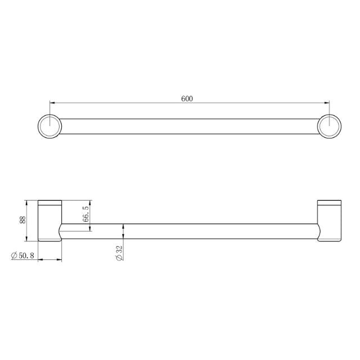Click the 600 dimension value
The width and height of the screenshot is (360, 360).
(187, 98)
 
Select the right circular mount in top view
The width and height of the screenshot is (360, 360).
(328, 125)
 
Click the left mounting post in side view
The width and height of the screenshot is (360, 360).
(49, 221)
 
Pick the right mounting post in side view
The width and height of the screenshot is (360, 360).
(328, 221)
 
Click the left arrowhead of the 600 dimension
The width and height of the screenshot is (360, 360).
(52, 103)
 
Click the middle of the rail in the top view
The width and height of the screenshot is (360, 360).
(188, 126)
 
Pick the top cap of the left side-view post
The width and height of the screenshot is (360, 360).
(49, 202)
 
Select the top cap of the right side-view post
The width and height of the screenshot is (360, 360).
(328, 202)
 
